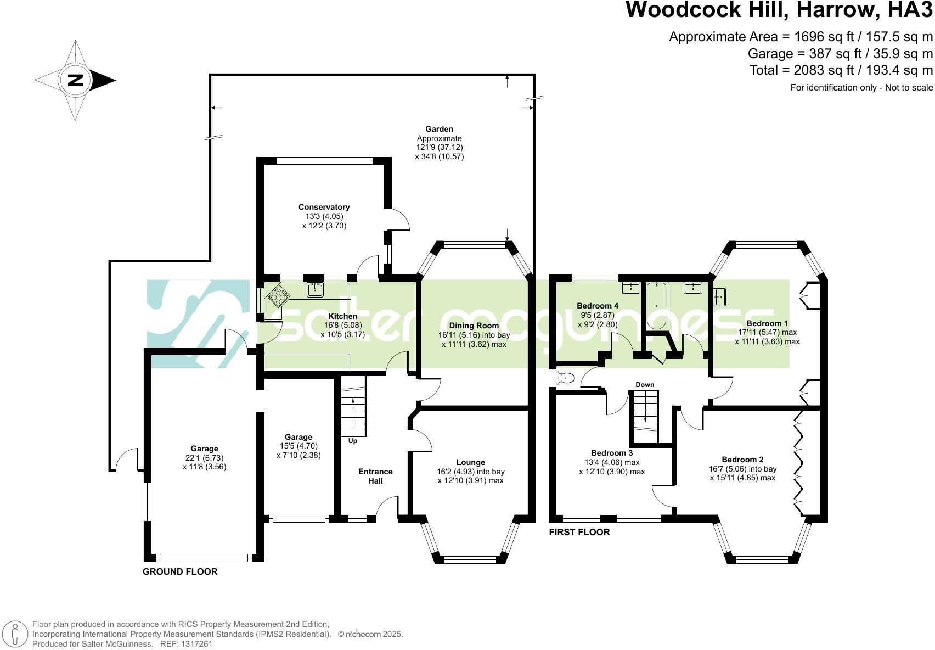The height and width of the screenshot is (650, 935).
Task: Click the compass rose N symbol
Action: click(75, 80)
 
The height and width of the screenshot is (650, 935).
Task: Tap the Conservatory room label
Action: click(324, 207)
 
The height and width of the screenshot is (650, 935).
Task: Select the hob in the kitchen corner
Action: click(279, 297)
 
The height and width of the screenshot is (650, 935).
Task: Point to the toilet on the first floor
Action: click(566, 378)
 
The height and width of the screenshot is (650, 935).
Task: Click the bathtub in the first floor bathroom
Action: click(656, 305)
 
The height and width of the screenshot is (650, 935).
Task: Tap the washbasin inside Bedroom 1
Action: click(719, 297)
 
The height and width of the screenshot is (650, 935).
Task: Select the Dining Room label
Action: click(474, 326)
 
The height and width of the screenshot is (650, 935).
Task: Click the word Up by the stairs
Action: click(353, 441)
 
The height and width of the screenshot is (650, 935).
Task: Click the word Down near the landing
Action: click(645, 385)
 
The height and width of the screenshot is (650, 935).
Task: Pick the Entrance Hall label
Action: click(375, 476)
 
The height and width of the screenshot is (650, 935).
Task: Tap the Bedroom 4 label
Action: click(598, 306)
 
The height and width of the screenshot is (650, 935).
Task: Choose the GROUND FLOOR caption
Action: click(180, 571)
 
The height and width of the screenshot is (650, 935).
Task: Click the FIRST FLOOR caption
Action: click(579, 532)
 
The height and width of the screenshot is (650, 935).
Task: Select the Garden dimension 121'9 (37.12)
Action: click(440, 148)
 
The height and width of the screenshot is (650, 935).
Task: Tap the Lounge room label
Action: click(470, 462)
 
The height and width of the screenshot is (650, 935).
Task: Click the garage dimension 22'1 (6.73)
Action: click(204, 458)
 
